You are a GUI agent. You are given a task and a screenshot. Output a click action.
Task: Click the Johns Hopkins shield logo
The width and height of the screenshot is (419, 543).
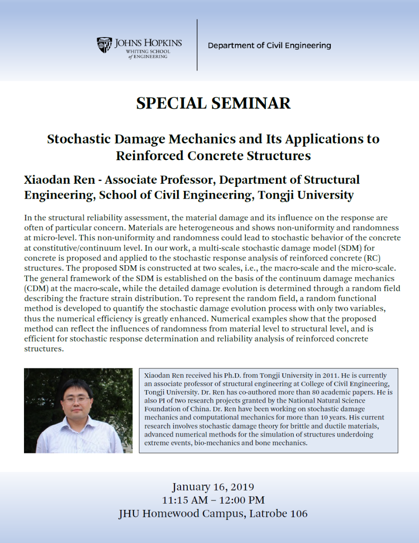pyautogui.click(x=104, y=45)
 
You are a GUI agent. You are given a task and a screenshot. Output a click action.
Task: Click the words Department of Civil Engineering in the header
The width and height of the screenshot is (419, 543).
pyautogui.click(x=269, y=46)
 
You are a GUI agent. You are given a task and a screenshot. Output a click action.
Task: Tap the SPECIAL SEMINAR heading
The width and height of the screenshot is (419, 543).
pyautogui.click(x=214, y=103)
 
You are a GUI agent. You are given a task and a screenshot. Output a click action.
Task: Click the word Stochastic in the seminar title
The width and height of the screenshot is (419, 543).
pyautogui.click(x=79, y=139)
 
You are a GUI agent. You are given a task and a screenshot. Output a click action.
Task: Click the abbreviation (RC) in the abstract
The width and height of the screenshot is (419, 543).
pyautogui.click(x=372, y=258)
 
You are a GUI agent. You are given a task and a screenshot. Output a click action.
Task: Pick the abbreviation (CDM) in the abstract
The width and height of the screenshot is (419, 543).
pyautogui.click(x=36, y=288)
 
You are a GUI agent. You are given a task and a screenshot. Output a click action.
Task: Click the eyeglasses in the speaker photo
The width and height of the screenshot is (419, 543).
pyautogui.click(x=76, y=400)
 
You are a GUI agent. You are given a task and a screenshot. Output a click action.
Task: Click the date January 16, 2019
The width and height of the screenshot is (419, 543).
pyautogui.click(x=213, y=487)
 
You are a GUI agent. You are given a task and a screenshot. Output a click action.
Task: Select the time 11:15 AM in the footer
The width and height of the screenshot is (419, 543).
pyautogui.click(x=185, y=500)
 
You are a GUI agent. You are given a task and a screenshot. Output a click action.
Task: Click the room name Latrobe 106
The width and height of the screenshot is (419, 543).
pyautogui.click(x=278, y=514)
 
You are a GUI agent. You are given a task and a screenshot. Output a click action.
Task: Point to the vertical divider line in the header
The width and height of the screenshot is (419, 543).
pyautogui.click(x=197, y=45)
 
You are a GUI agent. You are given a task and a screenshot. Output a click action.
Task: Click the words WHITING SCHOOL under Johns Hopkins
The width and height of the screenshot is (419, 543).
pyautogui.click(x=148, y=52)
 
